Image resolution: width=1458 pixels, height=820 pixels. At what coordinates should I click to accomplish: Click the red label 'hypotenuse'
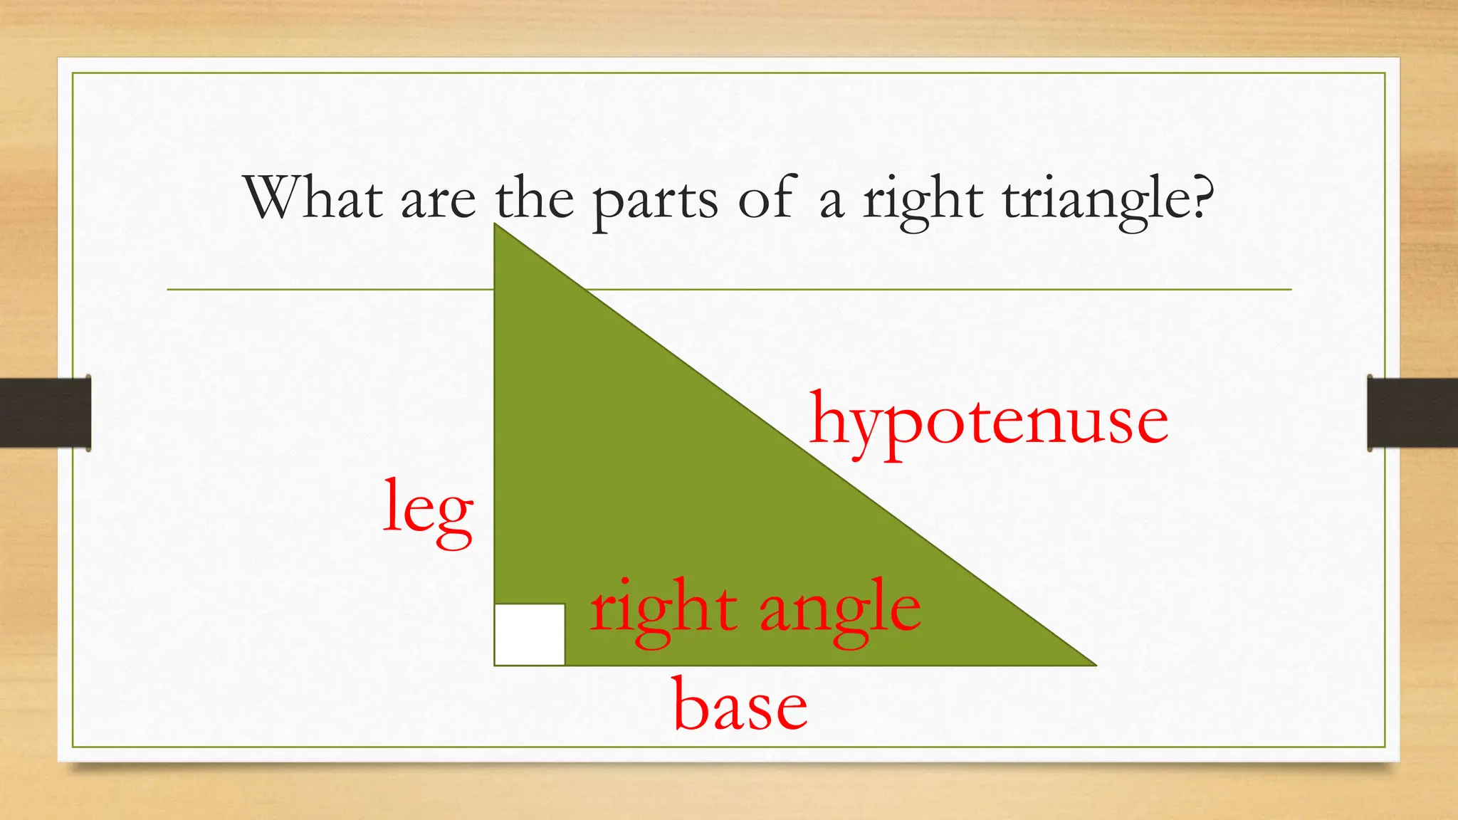pos(989,422)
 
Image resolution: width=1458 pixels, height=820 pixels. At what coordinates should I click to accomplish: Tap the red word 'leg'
pos(428,510)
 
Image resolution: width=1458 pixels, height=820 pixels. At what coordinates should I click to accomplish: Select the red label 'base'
pos(740,705)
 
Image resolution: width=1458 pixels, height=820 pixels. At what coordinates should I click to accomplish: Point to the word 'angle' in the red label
pos(840,611)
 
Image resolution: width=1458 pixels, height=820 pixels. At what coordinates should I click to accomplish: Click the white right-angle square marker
pos(530,634)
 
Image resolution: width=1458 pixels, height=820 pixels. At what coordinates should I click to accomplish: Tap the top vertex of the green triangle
pos(496,226)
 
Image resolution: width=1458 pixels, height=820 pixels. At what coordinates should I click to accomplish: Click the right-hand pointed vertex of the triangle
pos(1093,664)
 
